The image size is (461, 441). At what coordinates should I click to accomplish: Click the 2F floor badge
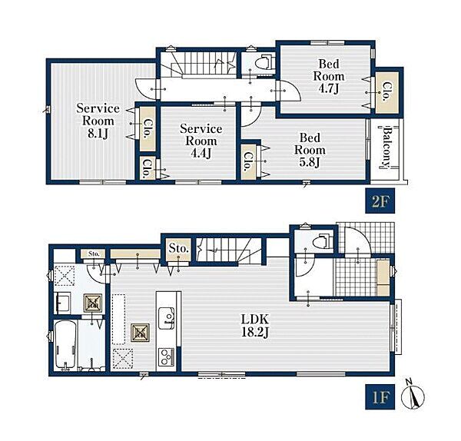click(380, 201)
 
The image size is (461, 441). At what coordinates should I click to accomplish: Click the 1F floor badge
click(380, 396)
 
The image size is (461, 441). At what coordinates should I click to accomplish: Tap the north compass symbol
click(413, 396)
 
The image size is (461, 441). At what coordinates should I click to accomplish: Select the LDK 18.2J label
click(255, 326)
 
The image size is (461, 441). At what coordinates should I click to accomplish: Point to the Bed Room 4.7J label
click(329, 76)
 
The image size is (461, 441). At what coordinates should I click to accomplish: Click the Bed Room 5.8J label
click(310, 150)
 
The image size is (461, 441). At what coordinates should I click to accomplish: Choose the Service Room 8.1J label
click(98, 121)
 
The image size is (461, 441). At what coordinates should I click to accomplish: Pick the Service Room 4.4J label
click(201, 141)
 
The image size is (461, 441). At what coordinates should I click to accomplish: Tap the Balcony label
click(388, 148)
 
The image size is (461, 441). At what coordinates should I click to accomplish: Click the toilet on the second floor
click(264, 61)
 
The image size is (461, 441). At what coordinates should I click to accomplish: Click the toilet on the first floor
click(322, 241)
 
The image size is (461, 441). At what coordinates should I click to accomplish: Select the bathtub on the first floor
click(66, 344)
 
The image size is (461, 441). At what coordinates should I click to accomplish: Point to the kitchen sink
click(166, 318)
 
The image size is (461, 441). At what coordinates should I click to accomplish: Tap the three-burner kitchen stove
click(166, 357)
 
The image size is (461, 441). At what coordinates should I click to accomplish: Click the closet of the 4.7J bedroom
click(387, 92)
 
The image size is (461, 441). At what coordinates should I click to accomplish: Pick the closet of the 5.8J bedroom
click(248, 161)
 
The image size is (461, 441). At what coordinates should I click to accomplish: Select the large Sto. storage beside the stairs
click(178, 250)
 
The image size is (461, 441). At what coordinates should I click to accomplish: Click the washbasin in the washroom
click(63, 303)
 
